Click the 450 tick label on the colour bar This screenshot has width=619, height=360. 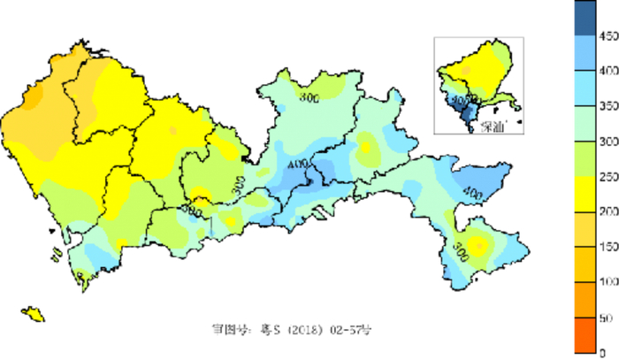(x=608, y=36)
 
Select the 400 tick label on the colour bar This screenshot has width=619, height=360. (x=608, y=71)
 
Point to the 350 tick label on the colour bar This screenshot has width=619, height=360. (x=608, y=106)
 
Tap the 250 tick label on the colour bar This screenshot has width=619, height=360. (x=608, y=177)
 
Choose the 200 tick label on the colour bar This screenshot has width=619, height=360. (x=608, y=211)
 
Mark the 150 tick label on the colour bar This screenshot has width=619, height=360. (x=608, y=247)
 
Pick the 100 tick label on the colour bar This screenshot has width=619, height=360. (x=608, y=281)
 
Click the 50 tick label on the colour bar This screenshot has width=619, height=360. (x=608, y=317)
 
